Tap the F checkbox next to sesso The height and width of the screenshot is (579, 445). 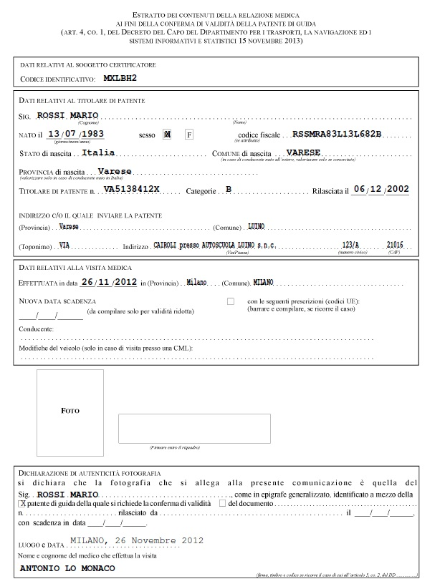[x=189, y=135]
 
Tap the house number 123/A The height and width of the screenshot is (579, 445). [x=350, y=245]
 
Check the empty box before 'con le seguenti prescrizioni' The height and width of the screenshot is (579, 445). [x=231, y=302]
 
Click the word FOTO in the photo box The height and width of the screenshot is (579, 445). [x=70, y=411]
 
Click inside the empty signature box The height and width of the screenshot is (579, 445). [x=194, y=428]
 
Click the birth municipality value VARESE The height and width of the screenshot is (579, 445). [x=303, y=153]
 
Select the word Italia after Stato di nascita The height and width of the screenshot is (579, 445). [x=98, y=153]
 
